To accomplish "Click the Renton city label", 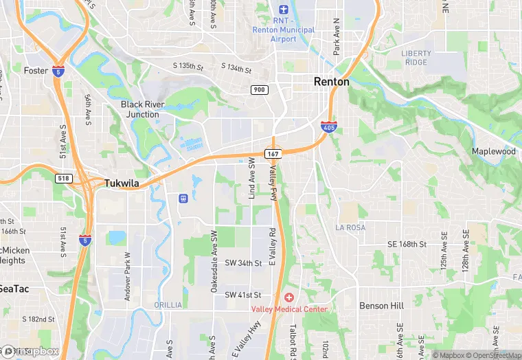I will point(331,82).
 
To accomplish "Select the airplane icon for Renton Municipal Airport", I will point(283,9).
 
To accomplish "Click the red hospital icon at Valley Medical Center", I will point(288,297).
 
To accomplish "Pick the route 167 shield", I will point(273,155).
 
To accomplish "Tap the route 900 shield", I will point(259,90).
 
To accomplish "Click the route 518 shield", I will point(63,178).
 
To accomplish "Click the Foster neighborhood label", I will point(35,70).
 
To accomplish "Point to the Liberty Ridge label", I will point(417,58).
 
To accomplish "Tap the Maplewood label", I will point(493,151).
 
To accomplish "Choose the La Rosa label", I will point(350,227).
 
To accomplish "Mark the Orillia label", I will point(169,305).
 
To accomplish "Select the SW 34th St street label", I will point(243,263).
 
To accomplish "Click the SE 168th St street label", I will point(407,245).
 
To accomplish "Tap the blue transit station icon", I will point(183,199).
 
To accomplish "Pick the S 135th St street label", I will point(188,67).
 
